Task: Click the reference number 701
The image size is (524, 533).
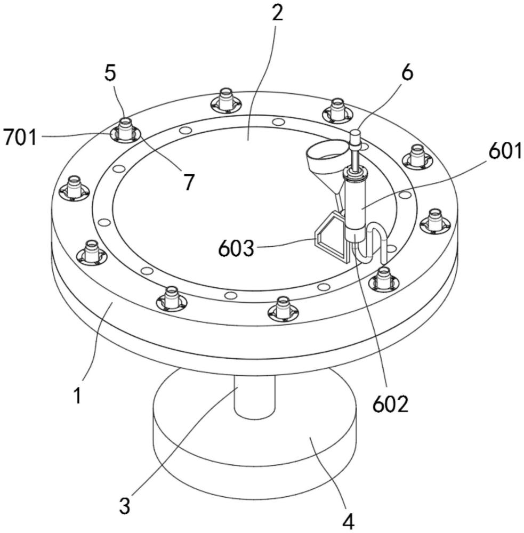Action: (x=20, y=138)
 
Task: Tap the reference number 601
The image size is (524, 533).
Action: (x=505, y=151)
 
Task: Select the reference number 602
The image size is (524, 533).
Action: (x=390, y=404)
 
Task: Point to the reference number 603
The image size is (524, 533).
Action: (x=236, y=248)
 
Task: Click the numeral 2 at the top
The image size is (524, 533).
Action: (x=278, y=13)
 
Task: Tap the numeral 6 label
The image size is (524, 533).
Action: (x=407, y=72)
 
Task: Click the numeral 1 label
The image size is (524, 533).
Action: (x=78, y=395)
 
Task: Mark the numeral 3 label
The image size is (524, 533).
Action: (x=125, y=506)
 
